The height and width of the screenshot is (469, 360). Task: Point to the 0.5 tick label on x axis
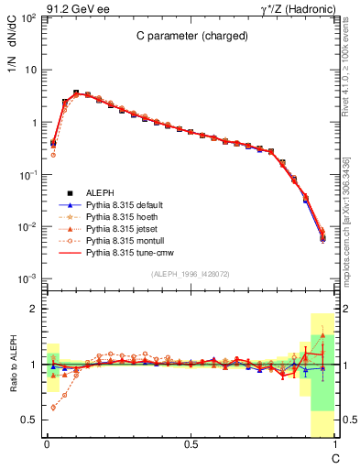tap(191, 444)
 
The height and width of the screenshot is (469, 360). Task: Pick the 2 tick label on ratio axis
tap(33, 309)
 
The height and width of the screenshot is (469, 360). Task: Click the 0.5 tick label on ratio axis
tap(29, 420)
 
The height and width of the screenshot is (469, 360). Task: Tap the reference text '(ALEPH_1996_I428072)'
tap(191, 274)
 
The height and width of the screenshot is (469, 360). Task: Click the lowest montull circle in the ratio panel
tap(53, 408)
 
